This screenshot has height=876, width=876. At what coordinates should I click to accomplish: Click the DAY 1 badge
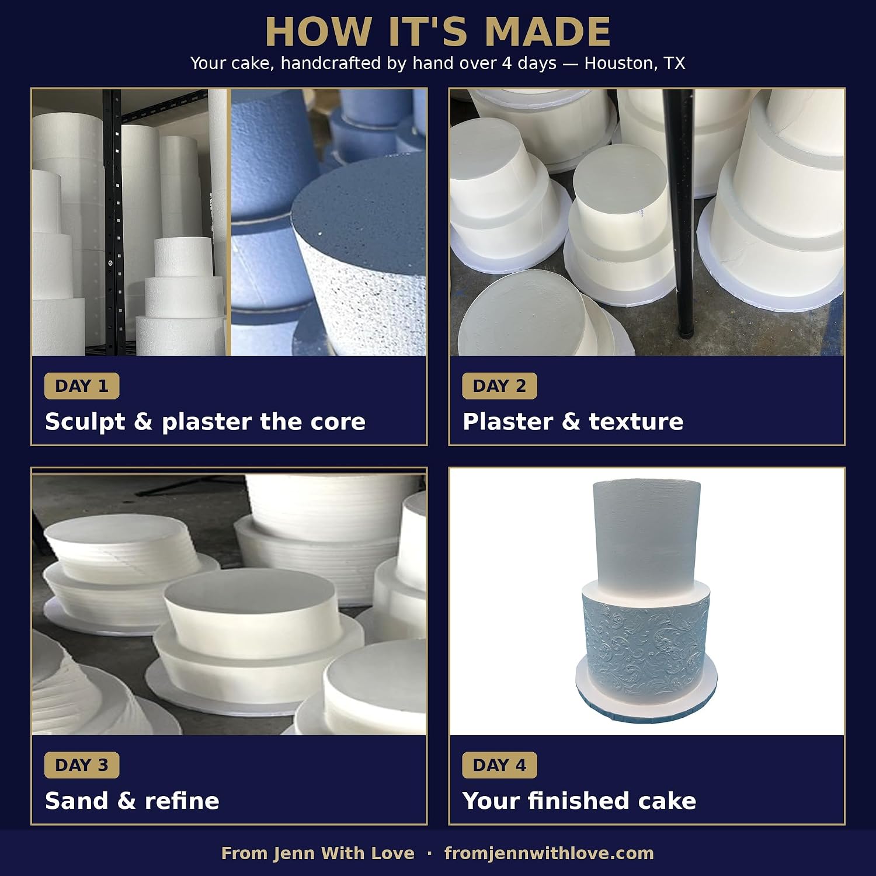click(x=82, y=386)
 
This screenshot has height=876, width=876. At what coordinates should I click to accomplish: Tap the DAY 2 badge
click(x=499, y=386)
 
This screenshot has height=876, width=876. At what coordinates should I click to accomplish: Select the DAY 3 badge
click(x=82, y=765)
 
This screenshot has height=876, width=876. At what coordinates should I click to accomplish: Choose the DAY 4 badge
click(x=499, y=765)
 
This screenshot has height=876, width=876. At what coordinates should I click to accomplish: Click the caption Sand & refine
click(x=132, y=801)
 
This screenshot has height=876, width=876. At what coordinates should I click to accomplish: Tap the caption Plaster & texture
click(x=573, y=422)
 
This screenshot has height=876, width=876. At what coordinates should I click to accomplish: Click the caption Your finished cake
click(x=579, y=801)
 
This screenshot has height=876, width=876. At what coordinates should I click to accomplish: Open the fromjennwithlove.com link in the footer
click(x=549, y=853)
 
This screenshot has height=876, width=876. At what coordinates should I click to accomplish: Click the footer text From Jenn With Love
click(x=318, y=853)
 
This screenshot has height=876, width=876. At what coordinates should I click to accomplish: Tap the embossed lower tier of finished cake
click(x=646, y=641)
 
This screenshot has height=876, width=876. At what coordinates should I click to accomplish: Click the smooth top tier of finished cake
click(x=646, y=531)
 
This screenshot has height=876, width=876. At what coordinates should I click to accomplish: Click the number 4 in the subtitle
click(x=507, y=63)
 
